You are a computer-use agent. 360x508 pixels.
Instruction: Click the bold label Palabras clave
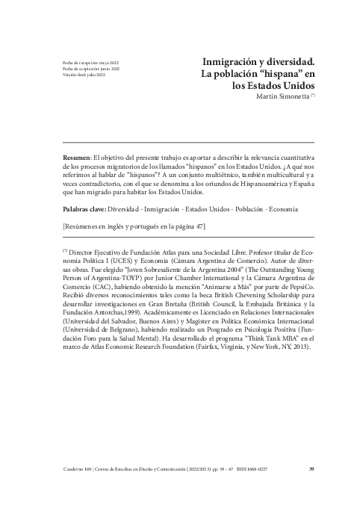pyautogui.click(x=84, y=211)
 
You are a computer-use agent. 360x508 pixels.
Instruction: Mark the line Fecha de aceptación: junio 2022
pyautogui.click(x=91, y=69)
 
